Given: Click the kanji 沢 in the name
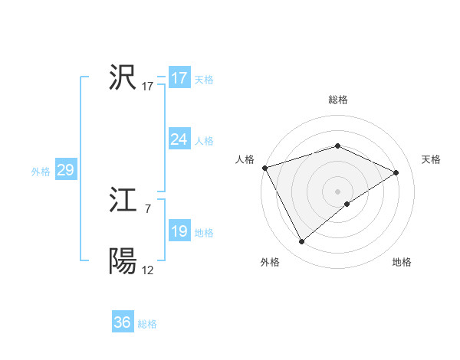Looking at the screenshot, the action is [123, 78].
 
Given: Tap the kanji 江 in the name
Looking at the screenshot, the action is [123, 201].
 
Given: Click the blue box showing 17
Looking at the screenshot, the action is [179, 78].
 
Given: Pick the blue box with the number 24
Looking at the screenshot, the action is [179, 139].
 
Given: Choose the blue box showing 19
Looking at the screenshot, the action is [179, 232].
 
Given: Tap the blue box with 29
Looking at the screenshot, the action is [65, 170].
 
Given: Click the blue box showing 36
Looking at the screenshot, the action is [123, 322].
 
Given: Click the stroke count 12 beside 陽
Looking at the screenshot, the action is [147, 270].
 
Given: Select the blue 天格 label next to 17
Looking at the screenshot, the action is [204, 80].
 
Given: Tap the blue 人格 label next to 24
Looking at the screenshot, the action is [204, 141].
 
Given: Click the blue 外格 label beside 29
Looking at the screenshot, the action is [41, 172].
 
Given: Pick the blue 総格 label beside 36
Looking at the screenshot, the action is [147, 324].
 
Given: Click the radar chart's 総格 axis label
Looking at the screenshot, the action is [337, 100].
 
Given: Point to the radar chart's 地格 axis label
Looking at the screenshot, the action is [402, 263].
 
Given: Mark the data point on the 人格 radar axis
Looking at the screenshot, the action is [264, 167].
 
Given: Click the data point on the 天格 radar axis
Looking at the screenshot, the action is [396, 172].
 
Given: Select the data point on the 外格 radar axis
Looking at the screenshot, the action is [302, 242].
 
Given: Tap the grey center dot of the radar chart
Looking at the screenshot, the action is [337, 191].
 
